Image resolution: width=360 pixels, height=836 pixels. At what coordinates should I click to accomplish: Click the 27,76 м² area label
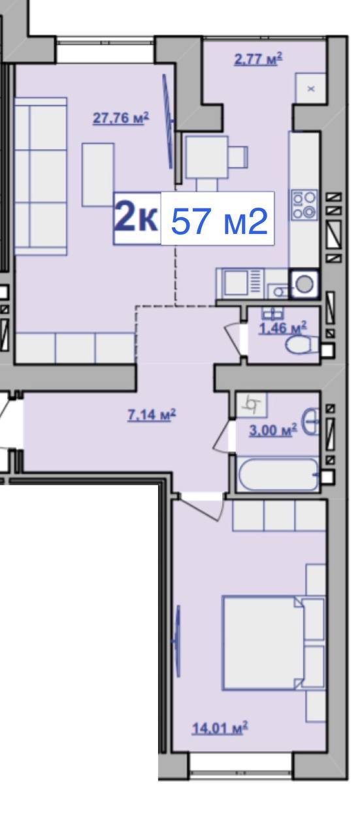[x=121, y=118]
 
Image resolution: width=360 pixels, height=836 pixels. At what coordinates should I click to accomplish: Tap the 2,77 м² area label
[x=258, y=59]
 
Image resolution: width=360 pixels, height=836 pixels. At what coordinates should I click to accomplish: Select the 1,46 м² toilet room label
[x=283, y=328]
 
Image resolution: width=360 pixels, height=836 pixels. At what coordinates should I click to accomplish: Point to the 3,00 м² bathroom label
[x=273, y=430]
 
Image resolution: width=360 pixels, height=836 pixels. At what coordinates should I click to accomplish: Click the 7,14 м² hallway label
[x=151, y=414]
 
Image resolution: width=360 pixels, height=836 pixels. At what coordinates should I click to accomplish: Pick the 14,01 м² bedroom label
[x=220, y=728]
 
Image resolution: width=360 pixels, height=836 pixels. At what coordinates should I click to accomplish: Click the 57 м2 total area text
[x=220, y=221]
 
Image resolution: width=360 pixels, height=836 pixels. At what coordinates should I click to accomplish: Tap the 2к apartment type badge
[x=137, y=218]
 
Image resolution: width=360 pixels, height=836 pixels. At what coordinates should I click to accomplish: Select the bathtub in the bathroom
[x=278, y=474]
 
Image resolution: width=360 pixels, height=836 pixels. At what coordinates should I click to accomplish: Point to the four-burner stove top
[x=304, y=204]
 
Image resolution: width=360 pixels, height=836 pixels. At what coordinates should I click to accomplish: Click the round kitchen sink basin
[x=304, y=284]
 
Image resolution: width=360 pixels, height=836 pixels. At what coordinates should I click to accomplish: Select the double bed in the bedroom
[x=273, y=643]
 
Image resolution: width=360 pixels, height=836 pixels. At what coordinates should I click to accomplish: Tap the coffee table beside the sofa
[x=98, y=174]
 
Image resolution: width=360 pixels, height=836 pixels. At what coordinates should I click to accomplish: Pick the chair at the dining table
[x=238, y=157]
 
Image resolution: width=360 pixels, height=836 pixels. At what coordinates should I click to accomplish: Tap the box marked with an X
[x=311, y=88]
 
